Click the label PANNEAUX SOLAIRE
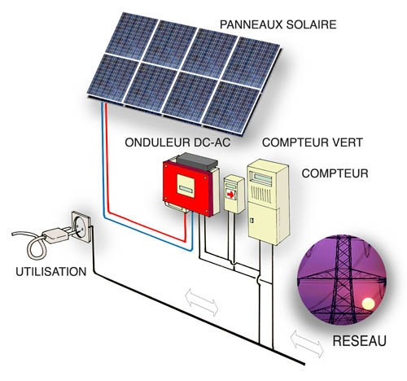coord(278,24)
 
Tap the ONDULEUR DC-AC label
coord(177,142)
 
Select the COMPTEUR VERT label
coord(313,142)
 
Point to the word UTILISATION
coord(51,272)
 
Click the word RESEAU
coord(359,341)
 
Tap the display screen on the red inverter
coord(186,186)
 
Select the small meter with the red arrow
coord(234,194)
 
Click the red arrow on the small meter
coord(230,195)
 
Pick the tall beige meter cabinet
coord(268,202)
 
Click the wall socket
coord(82,226)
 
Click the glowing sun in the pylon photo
coord(368,304)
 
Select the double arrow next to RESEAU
coord(307,344)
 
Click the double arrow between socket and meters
coord(202,302)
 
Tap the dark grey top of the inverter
coord(197,160)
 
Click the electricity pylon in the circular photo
coord(343,279)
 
